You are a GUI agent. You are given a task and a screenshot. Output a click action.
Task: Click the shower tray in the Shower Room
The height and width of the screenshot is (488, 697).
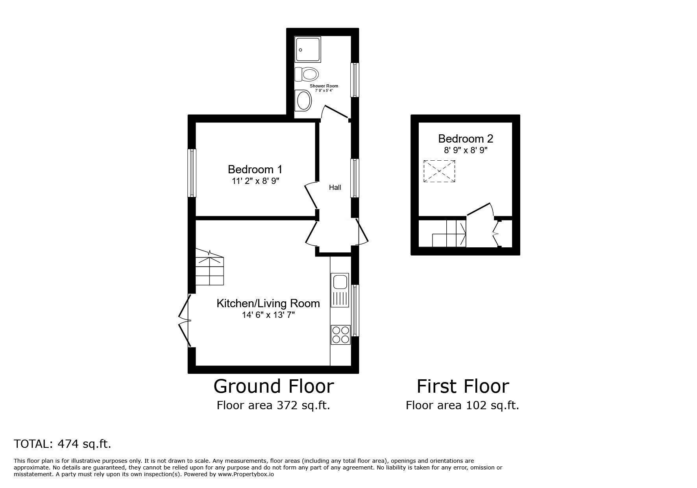308,49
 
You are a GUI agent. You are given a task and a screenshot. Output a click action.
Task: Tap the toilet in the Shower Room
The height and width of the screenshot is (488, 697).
307,74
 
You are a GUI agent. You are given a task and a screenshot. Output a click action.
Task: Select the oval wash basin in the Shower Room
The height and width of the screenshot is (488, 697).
304,100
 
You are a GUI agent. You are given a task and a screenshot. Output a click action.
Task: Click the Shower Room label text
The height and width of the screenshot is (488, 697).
324,86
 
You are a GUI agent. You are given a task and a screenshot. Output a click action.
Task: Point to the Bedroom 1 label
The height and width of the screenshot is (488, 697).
255,169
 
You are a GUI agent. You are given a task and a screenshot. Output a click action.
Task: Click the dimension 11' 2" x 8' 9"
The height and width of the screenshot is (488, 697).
255,181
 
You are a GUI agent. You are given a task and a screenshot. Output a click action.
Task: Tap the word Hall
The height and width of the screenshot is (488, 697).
335,187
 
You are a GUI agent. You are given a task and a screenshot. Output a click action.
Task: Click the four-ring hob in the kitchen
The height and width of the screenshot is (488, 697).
340,334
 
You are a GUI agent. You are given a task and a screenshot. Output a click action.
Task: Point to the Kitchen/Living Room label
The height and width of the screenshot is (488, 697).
268,303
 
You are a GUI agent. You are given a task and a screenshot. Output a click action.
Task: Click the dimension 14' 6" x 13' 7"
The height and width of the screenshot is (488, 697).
268,315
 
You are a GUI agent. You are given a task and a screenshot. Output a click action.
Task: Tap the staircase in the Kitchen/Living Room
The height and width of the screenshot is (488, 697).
210,268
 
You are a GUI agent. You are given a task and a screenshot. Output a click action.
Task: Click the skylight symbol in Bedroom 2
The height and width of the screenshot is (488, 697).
439,171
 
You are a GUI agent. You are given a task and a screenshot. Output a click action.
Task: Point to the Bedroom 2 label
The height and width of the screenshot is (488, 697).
465,139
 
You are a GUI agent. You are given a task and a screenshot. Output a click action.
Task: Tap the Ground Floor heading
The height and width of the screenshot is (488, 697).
274,386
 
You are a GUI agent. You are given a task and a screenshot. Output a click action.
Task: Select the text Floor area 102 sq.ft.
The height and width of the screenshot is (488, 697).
462,405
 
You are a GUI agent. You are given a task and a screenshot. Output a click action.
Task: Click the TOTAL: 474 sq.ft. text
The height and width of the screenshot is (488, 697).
63,444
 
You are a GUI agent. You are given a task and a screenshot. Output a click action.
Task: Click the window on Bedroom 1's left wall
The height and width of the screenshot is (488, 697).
192,173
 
